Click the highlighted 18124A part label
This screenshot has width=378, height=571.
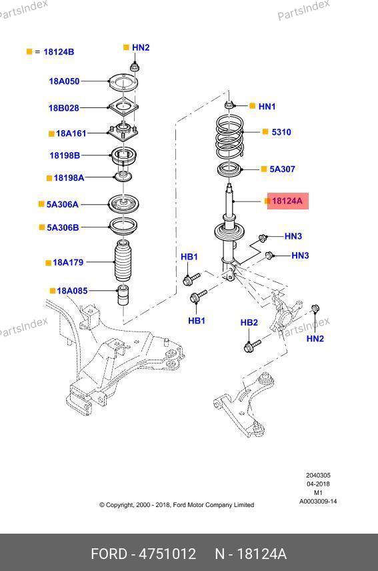(x=287, y=201)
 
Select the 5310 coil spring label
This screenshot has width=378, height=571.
(x=281, y=132)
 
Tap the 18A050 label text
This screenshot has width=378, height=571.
(x=64, y=81)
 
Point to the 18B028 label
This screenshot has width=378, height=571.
(x=64, y=108)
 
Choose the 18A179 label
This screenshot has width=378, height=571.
(x=68, y=262)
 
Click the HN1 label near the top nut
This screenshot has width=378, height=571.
(x=267, y=106)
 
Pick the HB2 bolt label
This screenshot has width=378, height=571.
(x=249, y=322)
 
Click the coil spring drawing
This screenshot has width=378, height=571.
(x=229, y=137)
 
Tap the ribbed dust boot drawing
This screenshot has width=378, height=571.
(x=123, y=260)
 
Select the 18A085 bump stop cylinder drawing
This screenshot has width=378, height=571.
(x=123, y=295)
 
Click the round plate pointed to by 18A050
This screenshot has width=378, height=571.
(x=123, y=83)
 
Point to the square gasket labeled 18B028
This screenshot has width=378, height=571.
(x=123, y=107)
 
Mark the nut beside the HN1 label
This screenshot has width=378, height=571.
(x=229, y=105)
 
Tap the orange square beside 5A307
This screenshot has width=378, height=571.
(x=264, y=169)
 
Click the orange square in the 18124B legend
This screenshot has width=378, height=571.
(x=29, y=52)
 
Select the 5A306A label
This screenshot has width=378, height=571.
(x=62, y=204)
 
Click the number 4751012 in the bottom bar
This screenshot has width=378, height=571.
(x=168, y=554)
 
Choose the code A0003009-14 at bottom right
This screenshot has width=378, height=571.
(x=318, y=502)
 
